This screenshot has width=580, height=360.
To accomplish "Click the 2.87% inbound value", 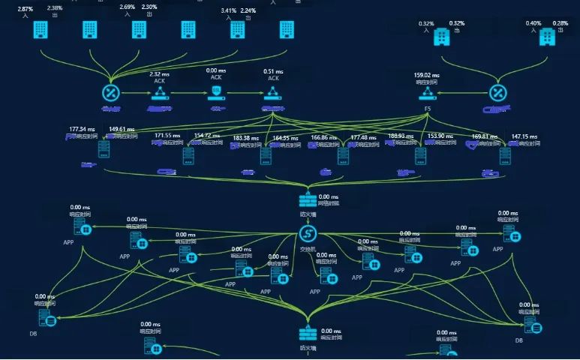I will pyautogui.click(x=26, y=7).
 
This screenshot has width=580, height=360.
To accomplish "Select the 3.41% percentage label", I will pyautogui.click(x=229, y=11).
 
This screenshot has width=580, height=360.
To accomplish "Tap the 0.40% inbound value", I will pyautogui.click(x=533, y=23).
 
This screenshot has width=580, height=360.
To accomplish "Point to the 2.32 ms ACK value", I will pyautogui.click(x=160, y=74).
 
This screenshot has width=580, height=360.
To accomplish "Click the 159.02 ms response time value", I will pyautogui.click(x=427, y=75).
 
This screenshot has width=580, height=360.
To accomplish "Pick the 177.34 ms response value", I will pyautogui.click(x=83, y=129).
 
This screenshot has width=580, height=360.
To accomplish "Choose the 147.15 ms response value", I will pyautogui.click(x=524, y=137).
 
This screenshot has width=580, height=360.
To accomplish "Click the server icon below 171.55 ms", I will pyautogui.click(x=188, y=156).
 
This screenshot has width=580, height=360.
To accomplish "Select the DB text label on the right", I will pyautogui.click(x=518, y=340).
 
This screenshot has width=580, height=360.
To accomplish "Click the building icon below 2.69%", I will pyautogui.click(x=139, y=29).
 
